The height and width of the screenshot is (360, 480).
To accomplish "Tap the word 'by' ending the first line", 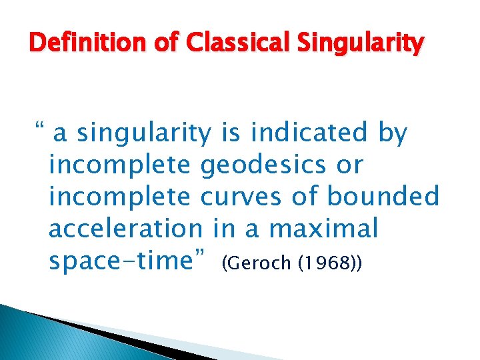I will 392,134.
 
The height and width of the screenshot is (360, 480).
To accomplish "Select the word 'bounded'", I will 383,197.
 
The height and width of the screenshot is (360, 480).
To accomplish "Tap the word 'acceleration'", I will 125,229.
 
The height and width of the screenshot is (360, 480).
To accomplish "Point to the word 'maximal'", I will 323,229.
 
